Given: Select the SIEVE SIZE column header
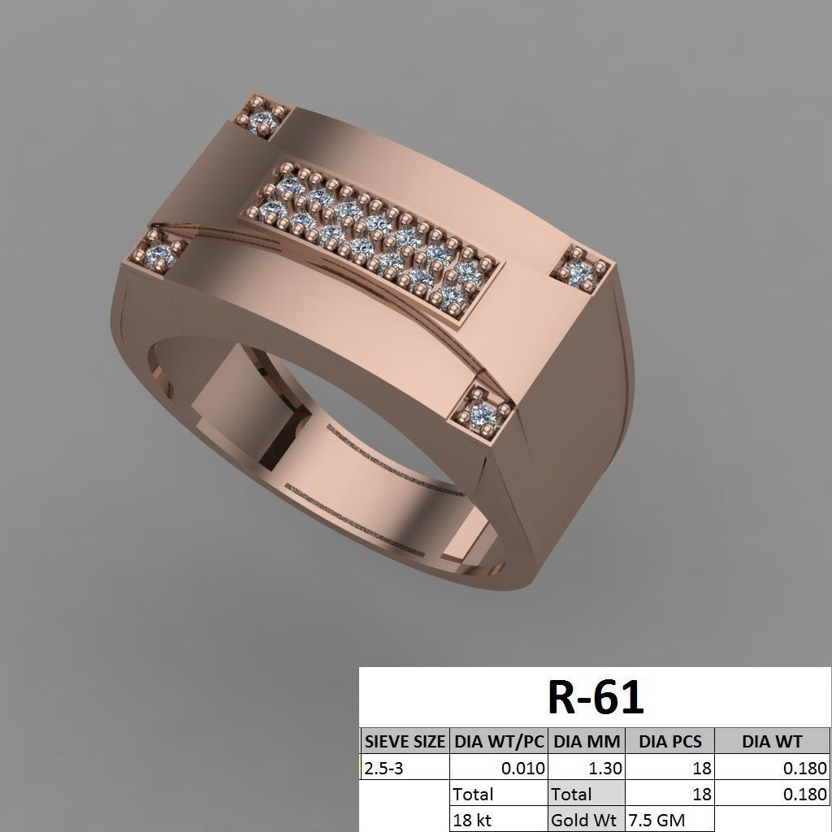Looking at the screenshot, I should tap(404, 741).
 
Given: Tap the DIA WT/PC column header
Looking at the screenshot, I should tap(499, 741).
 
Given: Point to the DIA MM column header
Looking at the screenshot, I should tap(587, 741).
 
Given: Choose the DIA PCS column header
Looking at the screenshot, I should tap(670, 741).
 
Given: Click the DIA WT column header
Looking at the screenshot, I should tap(772, 741).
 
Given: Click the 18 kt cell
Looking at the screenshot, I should tap(473, 819).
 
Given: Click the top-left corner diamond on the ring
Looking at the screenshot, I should tap(262, 123).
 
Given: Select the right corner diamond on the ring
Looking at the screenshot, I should tap(581, 274).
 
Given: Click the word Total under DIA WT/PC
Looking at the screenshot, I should tap(473, 794).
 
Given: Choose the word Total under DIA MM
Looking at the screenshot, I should tap(572, 794).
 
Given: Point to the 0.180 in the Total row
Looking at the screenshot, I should tap(804, 794).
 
